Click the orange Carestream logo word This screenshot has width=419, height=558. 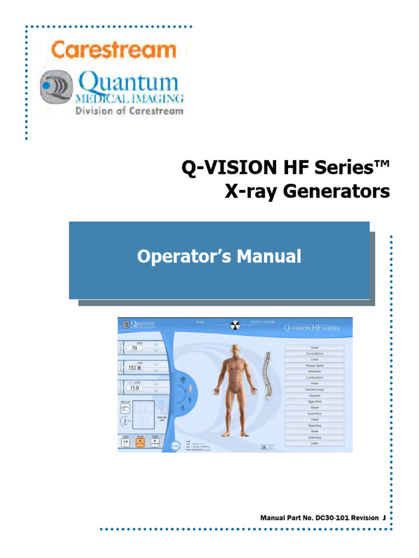[x=113, y=50]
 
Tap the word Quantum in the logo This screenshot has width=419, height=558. [x=128, y=83]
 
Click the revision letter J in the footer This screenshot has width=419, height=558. [x=384, y=517]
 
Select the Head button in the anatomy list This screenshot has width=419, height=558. [x=314, y=347]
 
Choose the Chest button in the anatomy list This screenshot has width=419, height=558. [x=314, y=359]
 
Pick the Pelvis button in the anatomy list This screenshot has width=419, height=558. [x=314, y=383]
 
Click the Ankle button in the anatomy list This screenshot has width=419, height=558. [x=314, y=443]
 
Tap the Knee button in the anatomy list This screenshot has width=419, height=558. [x=314, y=431]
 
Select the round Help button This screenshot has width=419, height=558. [x=175, y=445]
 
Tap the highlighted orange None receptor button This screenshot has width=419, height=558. [x=140, y=442]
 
